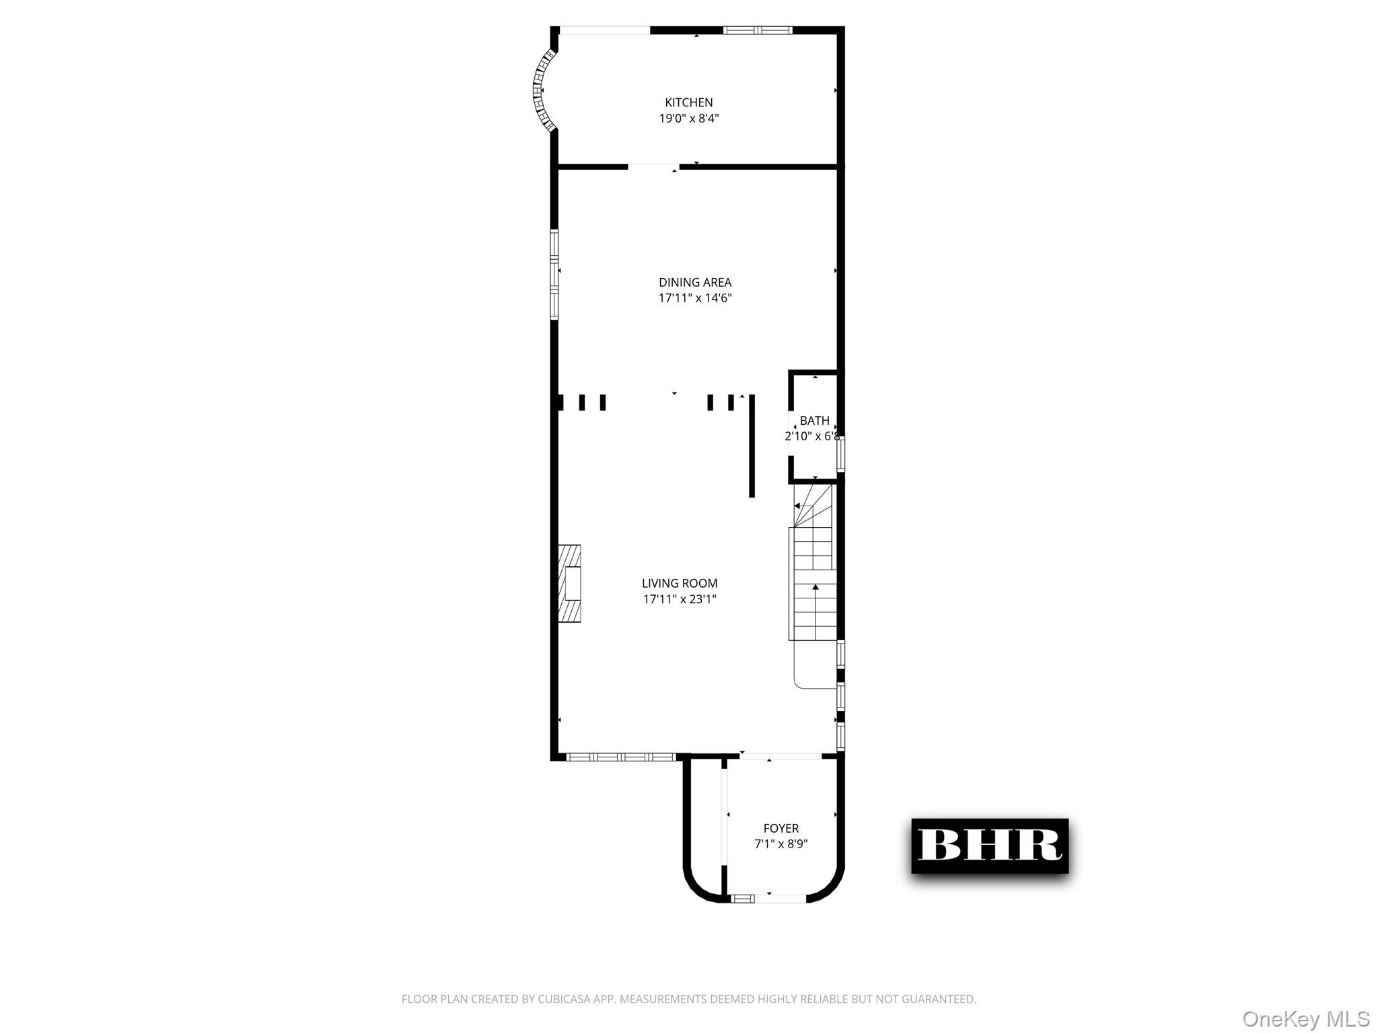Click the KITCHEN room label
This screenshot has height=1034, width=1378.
click(x=688, y=102)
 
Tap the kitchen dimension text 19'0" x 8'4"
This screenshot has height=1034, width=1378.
click(x=688, y=118)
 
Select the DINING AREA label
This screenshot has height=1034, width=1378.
click(x=694, y=282)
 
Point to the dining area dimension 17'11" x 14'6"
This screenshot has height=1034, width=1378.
click(x=694, y=298)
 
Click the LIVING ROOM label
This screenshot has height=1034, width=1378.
click(x=679, y=583)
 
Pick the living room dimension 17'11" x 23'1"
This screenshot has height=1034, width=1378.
click(x=679, y=599)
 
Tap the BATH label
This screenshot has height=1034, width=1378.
click(x=814, y=421)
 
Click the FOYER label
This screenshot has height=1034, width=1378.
click(x=781, y=828)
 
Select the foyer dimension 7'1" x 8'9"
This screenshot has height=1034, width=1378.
click(x=781, y=844)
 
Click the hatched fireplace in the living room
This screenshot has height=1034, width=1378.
click(x=569, y=583)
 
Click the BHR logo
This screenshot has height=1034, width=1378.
click(x=989, y=846)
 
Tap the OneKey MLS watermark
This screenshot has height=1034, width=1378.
click(x=1305, y=1019)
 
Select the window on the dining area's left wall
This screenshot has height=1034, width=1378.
click(x=554, y=273)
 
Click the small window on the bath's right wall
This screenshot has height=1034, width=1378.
click(x=840, y=453)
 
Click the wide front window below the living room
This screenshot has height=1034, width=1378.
click(x=620, y=757)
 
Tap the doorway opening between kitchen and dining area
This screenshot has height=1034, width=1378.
click(x=653, y=166)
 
